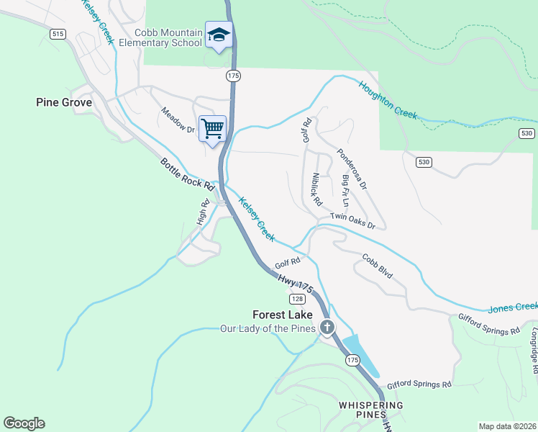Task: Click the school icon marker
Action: (219, 35)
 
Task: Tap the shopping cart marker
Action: (212, 129)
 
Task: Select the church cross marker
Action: (327, 328)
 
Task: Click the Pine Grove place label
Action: (64, 103)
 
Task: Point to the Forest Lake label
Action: (283, 315)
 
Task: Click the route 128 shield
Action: (298, 298)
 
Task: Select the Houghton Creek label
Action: (388, 98)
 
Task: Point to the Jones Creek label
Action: (512, 307)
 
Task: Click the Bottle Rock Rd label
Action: (188, 175)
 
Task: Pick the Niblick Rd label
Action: (316, 185)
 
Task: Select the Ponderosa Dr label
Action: (352, 169)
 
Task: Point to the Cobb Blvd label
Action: (378, 266)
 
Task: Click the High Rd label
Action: (203, 211)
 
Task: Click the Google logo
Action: (24, 423)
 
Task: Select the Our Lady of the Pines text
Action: (268, 329)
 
